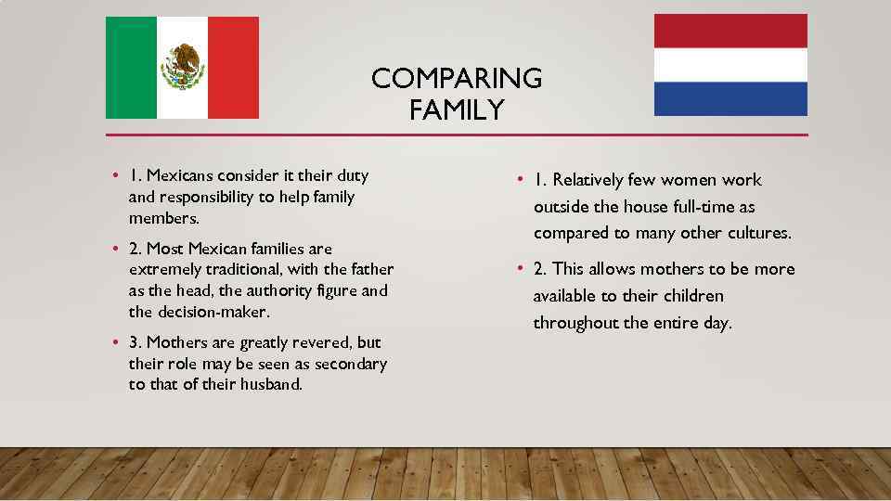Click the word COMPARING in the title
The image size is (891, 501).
coord(457,79)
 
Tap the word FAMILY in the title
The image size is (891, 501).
coord(456,110)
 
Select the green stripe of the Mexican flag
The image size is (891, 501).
coord(131,68)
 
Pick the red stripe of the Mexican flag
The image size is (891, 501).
coord(233,68)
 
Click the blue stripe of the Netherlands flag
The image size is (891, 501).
coord(730,98)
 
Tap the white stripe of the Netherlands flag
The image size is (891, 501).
coord(730,65)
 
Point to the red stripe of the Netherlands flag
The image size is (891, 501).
coord(730,31)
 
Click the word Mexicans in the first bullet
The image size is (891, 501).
coord(179,175)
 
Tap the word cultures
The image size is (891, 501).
coord(758,233)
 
